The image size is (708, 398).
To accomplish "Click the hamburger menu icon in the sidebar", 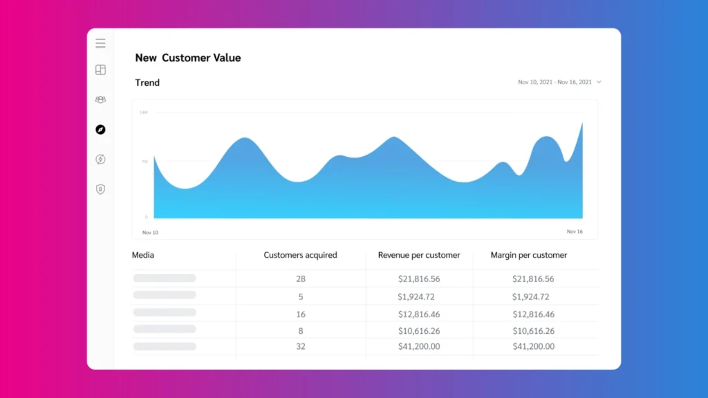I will tap(100, 44).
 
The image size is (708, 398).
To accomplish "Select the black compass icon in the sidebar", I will tap(100, 129).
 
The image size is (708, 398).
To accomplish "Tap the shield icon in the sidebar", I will tap(100, 189).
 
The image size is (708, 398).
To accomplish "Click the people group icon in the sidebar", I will tap(100, 99).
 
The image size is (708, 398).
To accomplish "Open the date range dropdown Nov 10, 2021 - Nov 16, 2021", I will tap(559, 82).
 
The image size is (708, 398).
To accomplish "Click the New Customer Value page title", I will tap(188, 58).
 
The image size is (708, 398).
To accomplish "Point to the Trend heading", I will tap(147, 83).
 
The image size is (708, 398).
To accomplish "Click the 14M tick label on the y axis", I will tap(144, 112).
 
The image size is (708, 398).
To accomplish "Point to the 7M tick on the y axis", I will tap(145, 162).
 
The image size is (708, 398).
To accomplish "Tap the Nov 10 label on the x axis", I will tap(150, 233).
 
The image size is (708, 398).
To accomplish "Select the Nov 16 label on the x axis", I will tap(575, 232).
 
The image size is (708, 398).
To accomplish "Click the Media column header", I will tap(143, 255).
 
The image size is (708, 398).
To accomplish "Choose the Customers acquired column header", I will tap(300, 255).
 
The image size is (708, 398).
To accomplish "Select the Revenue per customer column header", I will tap(419, 255).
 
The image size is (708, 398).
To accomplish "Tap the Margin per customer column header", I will tap(529, 255).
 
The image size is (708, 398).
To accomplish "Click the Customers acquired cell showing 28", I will tap(300, 279).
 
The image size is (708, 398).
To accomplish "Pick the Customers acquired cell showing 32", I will tap(300, 346).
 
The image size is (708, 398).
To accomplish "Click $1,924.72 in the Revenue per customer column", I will tap(416, 297).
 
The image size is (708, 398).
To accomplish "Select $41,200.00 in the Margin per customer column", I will tap(533, 346).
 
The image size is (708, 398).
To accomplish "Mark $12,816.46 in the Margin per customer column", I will tap(533, 314).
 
